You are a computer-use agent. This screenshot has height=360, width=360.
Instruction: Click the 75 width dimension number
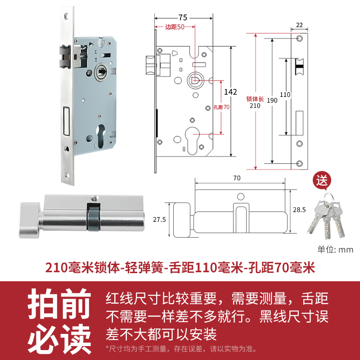coord(182,18)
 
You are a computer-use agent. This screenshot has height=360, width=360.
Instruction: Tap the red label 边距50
coord(175,27)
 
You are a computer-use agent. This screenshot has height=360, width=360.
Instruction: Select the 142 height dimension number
coord(230,92)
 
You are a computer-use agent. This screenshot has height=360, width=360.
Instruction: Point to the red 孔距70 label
coord(221,107)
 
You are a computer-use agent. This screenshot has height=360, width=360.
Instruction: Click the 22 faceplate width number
coord(300,25)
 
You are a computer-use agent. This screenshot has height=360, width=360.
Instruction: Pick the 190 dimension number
coord(272,101)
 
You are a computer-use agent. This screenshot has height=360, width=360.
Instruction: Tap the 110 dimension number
coord(285,95)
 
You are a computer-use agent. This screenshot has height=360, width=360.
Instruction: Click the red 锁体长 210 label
coord(255,102)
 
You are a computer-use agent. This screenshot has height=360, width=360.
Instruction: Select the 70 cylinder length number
coord(237,178)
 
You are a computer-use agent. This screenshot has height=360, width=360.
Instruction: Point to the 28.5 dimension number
coord(300,210)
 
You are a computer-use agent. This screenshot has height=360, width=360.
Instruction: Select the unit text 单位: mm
coord(335,250)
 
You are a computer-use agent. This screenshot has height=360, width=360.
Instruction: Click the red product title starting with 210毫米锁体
coord(180,268)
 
